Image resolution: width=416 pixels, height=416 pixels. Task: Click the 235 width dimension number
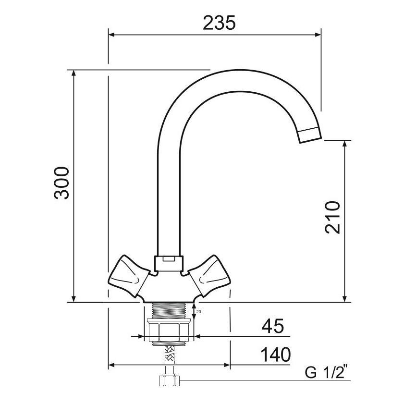click(x=219, y=23)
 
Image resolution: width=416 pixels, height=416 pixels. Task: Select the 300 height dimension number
click(x=61, y=183)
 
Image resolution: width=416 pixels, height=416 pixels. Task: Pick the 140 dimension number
click(x=276, y=355)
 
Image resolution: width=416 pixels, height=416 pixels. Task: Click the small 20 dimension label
click(x=199, y=312)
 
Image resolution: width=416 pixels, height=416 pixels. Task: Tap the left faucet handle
click(x=129, y=276)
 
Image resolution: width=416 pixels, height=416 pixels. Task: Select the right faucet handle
click(x=209, y=276)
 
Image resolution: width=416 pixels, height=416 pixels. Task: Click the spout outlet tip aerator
click(x=310, y=135)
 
